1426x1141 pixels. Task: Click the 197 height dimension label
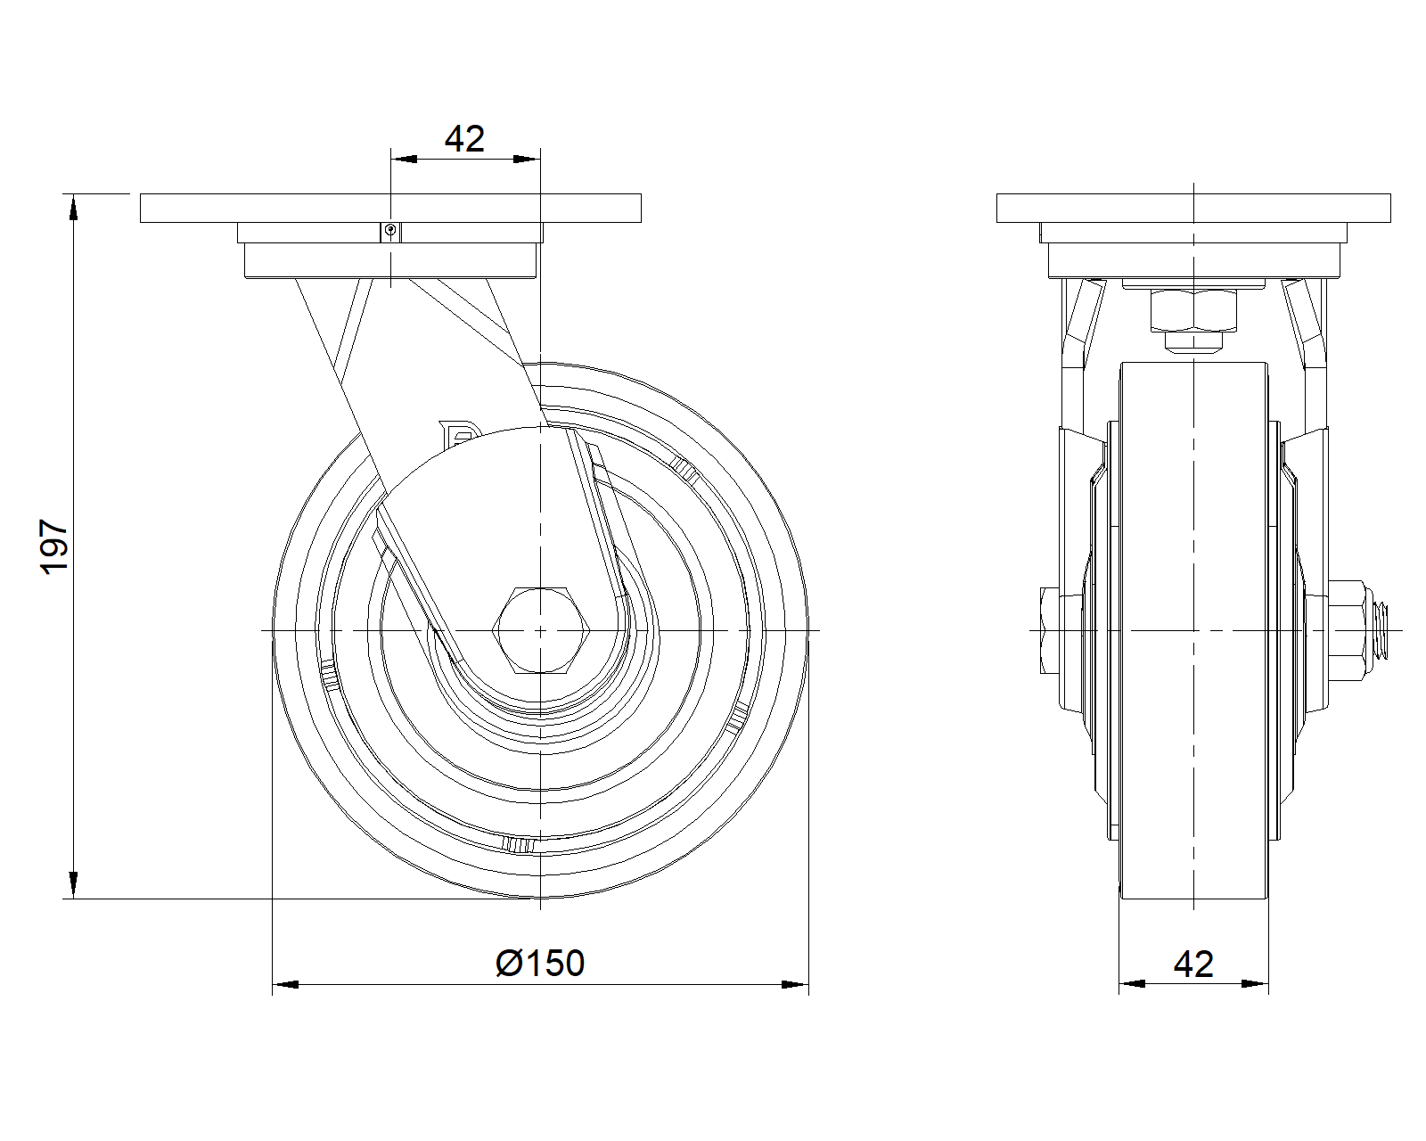tap(54, 547)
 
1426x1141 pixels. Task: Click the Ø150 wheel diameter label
tap(540, 964)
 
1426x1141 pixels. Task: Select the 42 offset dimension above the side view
tap(464, 139)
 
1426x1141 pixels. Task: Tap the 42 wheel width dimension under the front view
tap(1193, 965)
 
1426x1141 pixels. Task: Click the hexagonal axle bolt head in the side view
tap(541, 630)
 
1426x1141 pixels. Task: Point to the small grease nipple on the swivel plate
tap(390, 232)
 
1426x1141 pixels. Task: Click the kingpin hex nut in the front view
tap(1193, 310)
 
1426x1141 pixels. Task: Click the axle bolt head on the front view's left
tap(1050, 630)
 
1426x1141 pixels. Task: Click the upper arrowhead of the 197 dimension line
tap(73, 207)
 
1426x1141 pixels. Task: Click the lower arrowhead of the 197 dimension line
tap(73, 886)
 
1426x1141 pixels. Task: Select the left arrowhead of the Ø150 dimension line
tap(285, 984)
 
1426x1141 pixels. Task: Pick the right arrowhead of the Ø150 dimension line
tap(795, 984)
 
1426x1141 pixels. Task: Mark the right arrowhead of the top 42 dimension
tap(527, 160)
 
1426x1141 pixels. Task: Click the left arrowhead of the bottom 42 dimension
tap(1132, 984)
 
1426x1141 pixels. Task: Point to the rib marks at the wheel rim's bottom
tap(518, 845)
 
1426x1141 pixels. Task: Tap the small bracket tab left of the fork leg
tap(458, 431)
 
